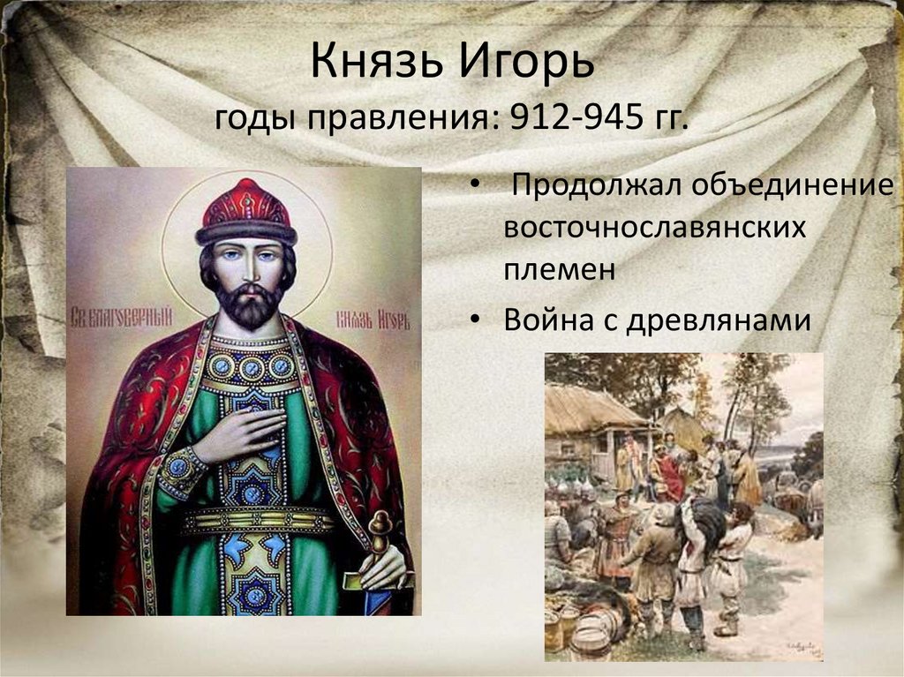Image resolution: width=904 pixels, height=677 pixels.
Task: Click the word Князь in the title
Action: coord(378,60)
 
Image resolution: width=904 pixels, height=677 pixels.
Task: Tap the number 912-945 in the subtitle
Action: coord(577,117)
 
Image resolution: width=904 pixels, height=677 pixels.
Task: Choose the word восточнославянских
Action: coord(654,228)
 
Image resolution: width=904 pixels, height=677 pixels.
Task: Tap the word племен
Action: coord(559,270)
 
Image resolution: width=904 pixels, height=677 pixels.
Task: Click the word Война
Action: coord(547,319)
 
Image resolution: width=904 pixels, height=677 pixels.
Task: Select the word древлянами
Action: coord(719,320)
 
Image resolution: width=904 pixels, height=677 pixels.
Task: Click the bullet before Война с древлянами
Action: coord(474,320)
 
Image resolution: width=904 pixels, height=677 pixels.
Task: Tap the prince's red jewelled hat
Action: coord(246,212)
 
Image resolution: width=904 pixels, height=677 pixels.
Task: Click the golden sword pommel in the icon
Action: coord(380,526)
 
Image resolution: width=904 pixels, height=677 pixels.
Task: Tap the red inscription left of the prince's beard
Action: coord(122,317)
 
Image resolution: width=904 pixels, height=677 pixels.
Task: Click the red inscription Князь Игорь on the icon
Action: coord(373,319)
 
